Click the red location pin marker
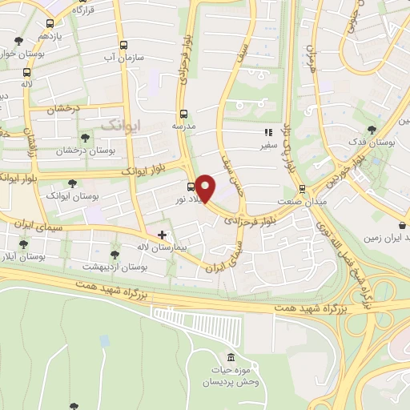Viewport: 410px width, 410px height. [x=206, y=187]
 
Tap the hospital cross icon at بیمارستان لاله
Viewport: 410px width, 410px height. [x=163, y=235]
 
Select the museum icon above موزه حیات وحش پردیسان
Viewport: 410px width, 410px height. [x=231, y=356]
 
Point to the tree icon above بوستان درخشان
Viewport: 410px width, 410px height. [x=85, y=138]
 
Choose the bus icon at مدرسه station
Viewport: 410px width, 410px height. [x=184, y=114]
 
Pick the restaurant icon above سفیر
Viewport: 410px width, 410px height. [x=267, y=134]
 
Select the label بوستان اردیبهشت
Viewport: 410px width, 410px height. [x=112, y=265]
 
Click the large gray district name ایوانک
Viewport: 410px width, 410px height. [x=120, y=124]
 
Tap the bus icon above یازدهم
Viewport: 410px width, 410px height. [x=51, y=24]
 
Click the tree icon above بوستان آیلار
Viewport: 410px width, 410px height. [x=22, y=244]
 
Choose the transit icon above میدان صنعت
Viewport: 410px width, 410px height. [x=302, y=188]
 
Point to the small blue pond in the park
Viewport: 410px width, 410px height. [x=105, y=340]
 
